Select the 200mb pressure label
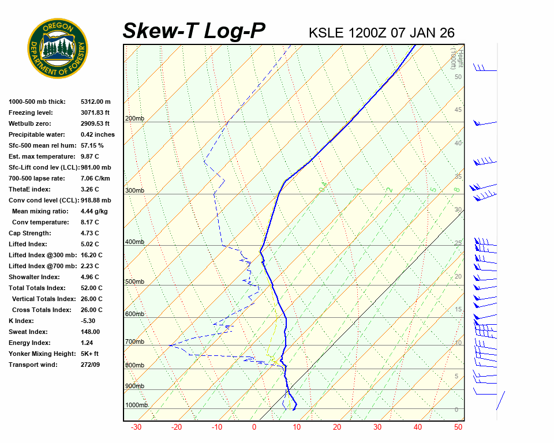(134, 119)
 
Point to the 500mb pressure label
(134, 281)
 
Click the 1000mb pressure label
(136, 405)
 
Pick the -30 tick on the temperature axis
(136, 427)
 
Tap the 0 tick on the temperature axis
(254, 427)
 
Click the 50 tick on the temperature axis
(458, 427)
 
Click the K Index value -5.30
(90, 321)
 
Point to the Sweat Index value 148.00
(91, 332)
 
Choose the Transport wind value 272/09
(91, 365)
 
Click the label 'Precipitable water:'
(38, 134)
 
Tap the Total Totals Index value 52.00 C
(92, 288)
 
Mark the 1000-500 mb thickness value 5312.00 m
(96, 102)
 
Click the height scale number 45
(458, 110)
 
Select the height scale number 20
(458, 277)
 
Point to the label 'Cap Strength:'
(29, 233)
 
